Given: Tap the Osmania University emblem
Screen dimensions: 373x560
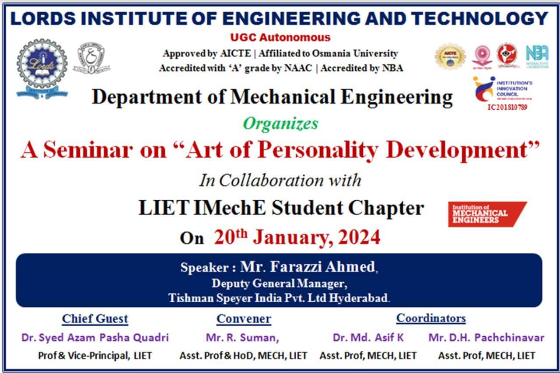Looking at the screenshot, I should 91,58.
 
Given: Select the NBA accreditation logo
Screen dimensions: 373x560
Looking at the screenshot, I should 537,56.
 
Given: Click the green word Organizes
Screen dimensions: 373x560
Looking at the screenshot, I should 280,124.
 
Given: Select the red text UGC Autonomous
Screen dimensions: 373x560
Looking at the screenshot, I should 280,38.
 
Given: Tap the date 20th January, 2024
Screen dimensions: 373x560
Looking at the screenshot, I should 297,237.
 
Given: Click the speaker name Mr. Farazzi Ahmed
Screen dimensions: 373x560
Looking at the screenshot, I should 308,266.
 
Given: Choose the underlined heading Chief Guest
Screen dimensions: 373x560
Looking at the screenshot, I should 95,318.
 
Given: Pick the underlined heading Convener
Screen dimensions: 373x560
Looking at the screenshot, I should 244,319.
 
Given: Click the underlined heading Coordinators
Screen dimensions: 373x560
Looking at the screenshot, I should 431,318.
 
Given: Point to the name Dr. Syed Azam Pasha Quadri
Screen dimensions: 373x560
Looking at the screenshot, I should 95,338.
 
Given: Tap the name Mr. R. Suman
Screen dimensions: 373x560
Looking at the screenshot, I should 242,338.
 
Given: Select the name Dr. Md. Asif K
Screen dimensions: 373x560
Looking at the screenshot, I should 368,338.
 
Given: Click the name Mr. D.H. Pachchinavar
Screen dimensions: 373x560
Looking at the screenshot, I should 486,338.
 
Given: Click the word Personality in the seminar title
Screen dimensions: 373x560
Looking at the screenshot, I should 318,150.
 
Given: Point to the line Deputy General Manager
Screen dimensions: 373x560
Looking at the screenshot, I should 280,283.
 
